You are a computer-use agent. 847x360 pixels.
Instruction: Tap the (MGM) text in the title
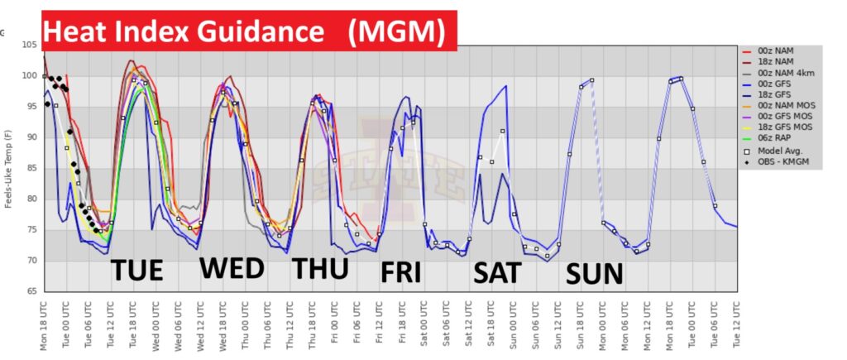click(395, 31)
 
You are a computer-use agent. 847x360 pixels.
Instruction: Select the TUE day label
click(137, 271)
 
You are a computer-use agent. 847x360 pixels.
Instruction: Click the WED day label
click(232, 268)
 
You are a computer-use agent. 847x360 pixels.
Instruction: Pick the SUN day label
click(594, 273)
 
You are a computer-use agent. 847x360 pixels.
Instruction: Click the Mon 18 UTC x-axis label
click(44, 325)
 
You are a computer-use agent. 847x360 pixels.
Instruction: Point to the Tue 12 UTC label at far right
click(736, 325)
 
